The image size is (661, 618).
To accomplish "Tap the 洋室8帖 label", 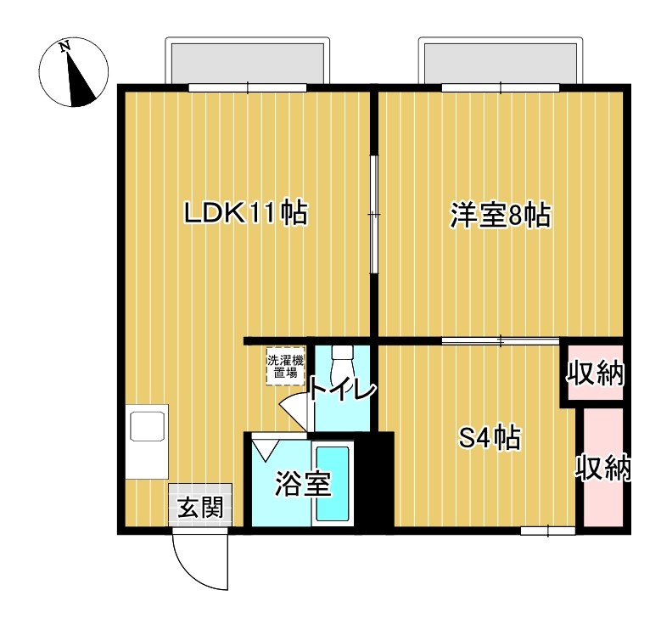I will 501,216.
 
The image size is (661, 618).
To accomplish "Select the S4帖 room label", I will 490,439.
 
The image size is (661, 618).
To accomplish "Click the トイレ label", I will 341,390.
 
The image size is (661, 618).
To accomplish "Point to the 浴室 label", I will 301,485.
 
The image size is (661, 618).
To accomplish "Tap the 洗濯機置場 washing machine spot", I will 283,367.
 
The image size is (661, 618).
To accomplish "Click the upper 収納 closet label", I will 596,374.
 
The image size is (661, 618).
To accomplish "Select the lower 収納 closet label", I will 605,469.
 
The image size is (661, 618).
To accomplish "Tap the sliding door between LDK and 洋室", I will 373,215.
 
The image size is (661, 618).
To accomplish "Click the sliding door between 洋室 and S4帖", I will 501,341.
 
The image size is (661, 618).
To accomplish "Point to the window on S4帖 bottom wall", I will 547,531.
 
